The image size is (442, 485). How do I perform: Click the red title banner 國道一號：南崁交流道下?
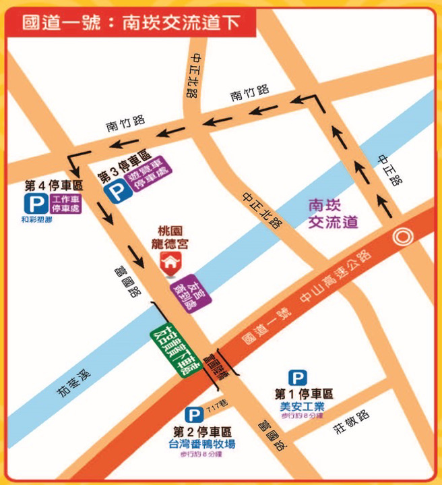131,23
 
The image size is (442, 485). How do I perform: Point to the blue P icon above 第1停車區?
297,378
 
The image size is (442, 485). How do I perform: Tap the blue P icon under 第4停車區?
32,204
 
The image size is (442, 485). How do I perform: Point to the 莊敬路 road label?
351,423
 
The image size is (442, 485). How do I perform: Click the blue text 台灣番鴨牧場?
201,444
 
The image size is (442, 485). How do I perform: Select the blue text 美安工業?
302,406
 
